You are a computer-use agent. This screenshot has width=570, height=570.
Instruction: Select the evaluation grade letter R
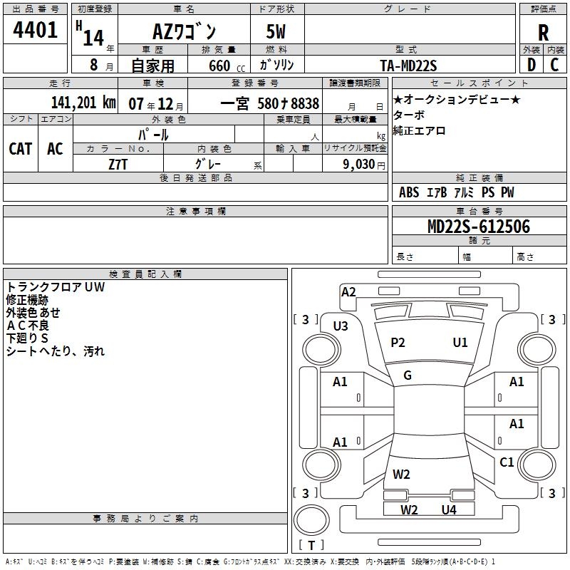(543, 33)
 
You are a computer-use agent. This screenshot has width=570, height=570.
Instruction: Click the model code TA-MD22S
(408, 66)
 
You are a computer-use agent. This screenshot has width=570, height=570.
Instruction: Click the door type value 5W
(276, 32)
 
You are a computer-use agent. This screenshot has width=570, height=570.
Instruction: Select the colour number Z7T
(118, 163)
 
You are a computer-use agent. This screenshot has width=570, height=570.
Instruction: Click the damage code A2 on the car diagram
(348, 292)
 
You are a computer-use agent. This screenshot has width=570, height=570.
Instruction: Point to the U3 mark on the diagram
(341, 326)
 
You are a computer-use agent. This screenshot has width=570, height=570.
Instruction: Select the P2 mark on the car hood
(398, 343)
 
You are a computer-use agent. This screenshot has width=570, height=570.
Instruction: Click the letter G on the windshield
(408, 375)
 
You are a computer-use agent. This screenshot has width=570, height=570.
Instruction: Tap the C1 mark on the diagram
(507, 462)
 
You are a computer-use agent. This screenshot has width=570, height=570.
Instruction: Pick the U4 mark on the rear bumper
(448, 509)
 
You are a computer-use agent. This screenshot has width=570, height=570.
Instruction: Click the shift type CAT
(20, 148)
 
